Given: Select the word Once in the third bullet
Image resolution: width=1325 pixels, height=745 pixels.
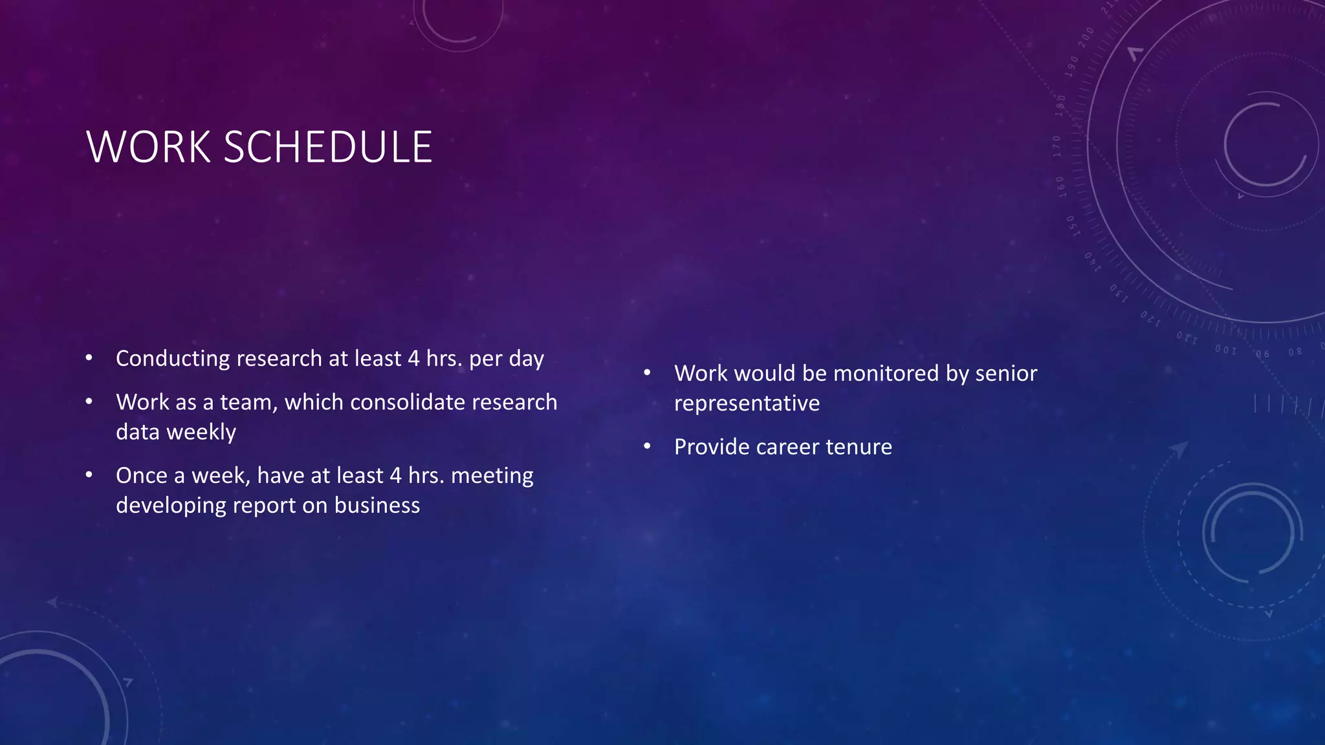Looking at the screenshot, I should (x=141, y=475).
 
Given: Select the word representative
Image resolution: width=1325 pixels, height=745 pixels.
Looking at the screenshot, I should (x=747, y=404).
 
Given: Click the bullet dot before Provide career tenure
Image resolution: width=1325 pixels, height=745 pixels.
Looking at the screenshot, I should (x=647, y=446).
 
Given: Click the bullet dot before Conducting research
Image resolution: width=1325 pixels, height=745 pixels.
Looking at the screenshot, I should (x=89, y=358).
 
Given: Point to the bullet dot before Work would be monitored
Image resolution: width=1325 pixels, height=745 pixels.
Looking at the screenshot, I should (x=647, y=372).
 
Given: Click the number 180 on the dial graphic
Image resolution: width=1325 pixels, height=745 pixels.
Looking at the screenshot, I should (x=1060, y=105).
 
